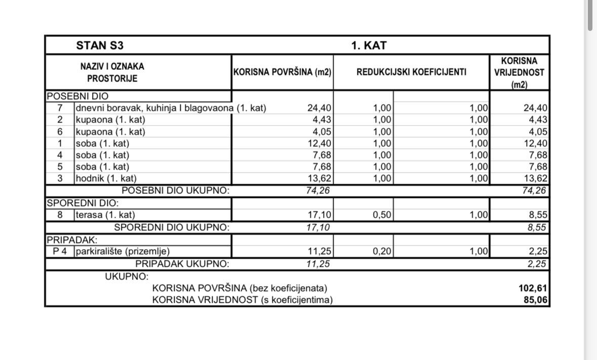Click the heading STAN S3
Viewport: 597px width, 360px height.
100,46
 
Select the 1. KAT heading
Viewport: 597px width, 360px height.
369,46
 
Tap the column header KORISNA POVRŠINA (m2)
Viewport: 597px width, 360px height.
282,72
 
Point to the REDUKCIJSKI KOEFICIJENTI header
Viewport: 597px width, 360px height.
411,72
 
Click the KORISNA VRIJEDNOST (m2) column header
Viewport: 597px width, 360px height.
519,73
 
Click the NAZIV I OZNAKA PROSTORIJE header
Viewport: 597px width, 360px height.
112,72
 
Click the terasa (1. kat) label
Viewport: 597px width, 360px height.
105,215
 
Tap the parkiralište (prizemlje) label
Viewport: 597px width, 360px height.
123,251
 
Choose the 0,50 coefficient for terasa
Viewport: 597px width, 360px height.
382,215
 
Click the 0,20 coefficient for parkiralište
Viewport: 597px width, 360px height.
382,251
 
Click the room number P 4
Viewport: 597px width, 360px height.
60,251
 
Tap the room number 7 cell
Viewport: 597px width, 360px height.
60,108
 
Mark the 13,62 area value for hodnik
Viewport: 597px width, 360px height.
320,178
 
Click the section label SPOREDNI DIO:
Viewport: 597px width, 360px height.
83,203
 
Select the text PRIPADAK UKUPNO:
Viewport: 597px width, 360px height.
182,264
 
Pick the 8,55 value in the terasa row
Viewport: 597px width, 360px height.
537,215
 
